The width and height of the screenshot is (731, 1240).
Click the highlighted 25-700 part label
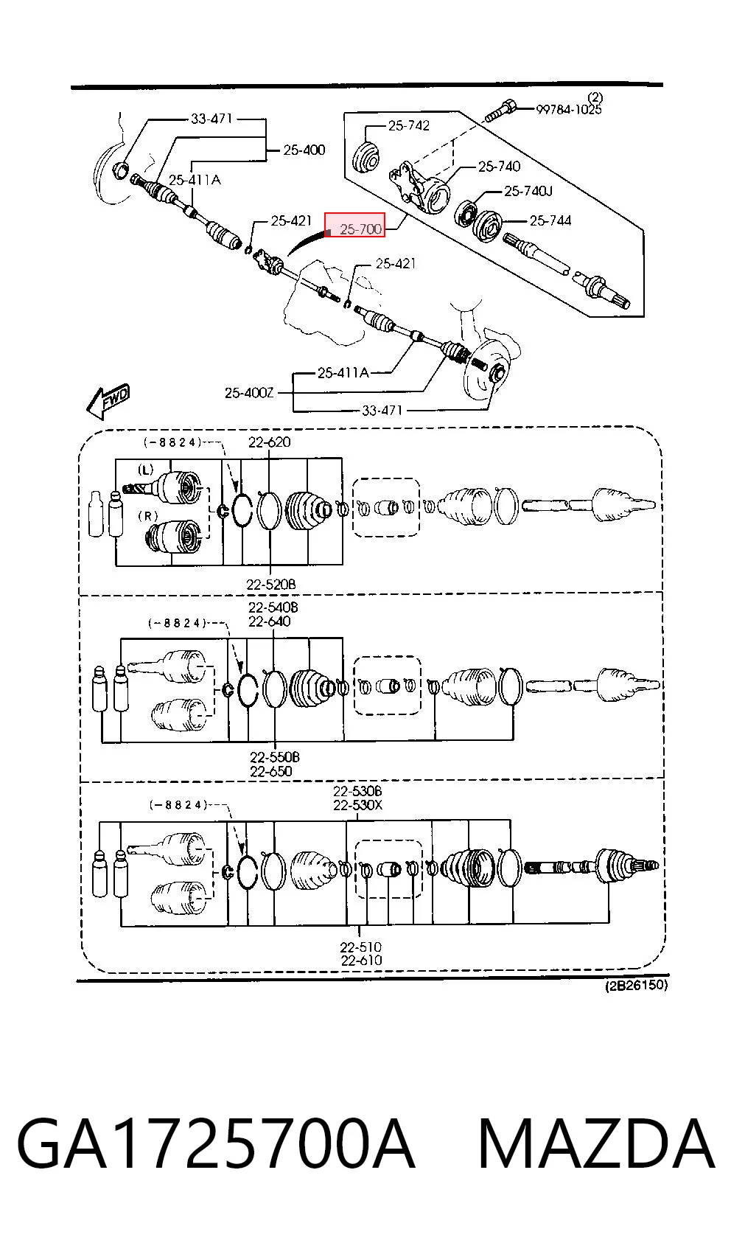coord(360,229)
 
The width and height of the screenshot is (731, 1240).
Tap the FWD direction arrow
coord(108,401)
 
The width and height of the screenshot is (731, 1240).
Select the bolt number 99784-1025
coord(569,109)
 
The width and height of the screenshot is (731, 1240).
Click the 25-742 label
coord(409,125)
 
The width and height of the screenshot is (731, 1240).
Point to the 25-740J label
coord(528,192)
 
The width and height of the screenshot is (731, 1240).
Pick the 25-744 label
coord(550,221)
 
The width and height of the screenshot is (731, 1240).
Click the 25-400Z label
coord(249,393)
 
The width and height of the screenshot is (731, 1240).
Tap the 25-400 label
coord(304,150)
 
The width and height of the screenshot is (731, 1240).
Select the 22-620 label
coord(270,442)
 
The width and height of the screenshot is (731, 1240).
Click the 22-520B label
coord(271,584)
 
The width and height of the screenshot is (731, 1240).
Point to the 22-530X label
coord(357,805)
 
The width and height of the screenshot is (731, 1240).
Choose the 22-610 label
coord(361,961)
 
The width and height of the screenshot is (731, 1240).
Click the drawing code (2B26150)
coord(636,986)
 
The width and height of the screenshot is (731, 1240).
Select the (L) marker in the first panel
coord(145,470)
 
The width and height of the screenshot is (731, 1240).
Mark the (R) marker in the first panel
coord(148,516)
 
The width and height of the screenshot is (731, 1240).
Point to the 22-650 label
coord(270,771)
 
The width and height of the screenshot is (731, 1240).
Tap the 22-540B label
coord(273,607)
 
